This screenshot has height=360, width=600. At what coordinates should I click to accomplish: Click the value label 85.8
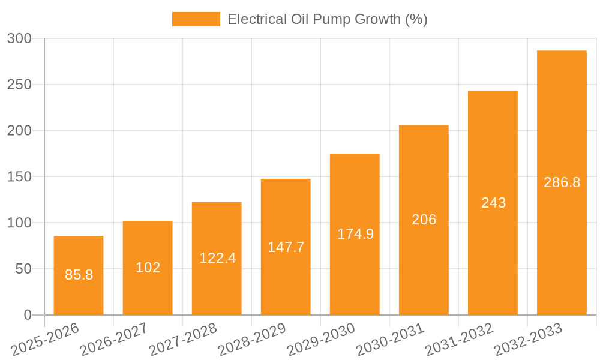(x=79, y=275)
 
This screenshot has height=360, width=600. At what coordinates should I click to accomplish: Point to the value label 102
(x=148, y=268)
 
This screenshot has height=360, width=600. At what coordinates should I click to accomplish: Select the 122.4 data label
(x=217, y=258)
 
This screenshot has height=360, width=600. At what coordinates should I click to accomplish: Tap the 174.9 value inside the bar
(x=355, y=234)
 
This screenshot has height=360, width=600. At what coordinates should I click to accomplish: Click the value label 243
(x=493, y=203)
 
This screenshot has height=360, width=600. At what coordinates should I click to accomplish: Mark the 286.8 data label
(x=562, y=182)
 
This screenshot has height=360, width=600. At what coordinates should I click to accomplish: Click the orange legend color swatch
(x=196, y=19)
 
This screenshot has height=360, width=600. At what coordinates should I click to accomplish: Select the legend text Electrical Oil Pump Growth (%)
(x=328, y=19)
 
